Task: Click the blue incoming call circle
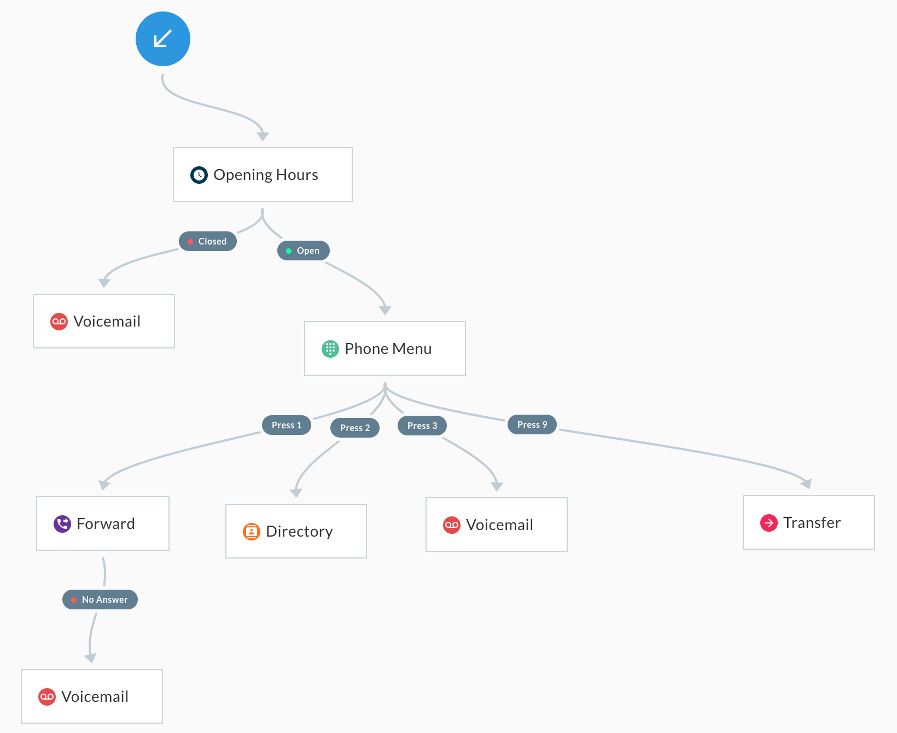click(163, 39)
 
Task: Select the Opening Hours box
click(263, 174)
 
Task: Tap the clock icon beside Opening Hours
click(199, 175)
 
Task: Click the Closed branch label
click(208, 241)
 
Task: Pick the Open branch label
click(304, 251)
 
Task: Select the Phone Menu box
click(385, 348)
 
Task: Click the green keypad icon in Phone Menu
click(330, 349)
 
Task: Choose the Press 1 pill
click(287, 425)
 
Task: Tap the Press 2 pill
click(355, 428)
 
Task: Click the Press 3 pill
click(422, 426)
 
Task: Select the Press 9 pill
click(532, 424)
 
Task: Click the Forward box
click(103, 523)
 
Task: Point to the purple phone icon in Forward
click(62, 524)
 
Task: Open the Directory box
click(296, 531)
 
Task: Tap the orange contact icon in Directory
click(252, 532)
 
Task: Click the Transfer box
click(809, 522)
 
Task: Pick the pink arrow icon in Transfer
click(769, 523)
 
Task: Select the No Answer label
click(100, 600)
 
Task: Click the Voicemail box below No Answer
click(92, 696)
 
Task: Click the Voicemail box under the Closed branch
click(104, 321)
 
